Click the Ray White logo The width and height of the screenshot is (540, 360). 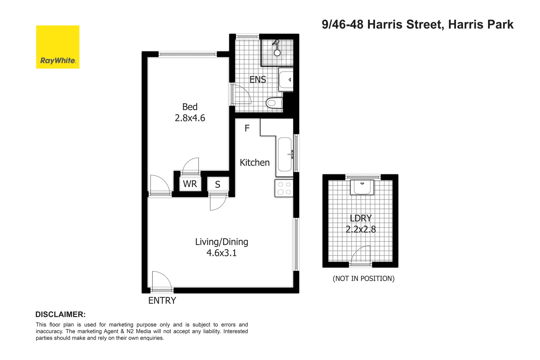(58, 47)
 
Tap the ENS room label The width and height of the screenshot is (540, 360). (258, 80)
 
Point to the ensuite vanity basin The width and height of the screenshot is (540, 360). (286, 80)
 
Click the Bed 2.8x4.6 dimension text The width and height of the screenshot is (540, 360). (190, 118)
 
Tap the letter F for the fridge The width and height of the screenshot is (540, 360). (247, 128)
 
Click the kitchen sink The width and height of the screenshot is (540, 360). (285, 154)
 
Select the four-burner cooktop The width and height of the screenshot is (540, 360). (284, 188)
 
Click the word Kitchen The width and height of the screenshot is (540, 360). (255, 163)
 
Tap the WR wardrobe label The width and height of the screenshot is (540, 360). (190, 184)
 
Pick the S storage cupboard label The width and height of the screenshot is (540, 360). (218, 185)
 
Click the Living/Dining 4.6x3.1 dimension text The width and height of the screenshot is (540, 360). (221, 253)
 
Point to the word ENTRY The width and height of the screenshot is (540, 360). (162, 301)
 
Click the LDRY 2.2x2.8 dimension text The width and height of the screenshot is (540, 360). (361, 229)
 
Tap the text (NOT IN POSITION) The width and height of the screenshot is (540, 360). (363, 279)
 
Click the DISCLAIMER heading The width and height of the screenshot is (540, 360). (60, 314)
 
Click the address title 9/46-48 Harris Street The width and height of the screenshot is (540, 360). (417, 24)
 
